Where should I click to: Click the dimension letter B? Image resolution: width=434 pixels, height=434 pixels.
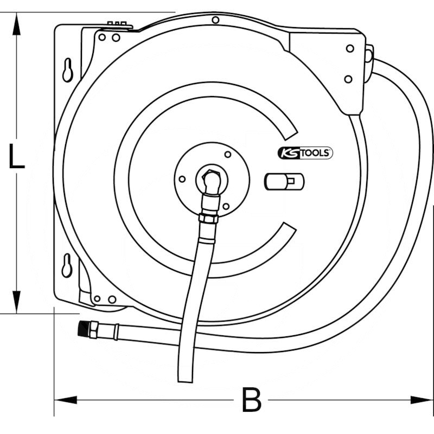(x=251, y=401)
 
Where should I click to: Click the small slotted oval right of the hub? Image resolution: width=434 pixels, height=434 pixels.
(x=284, y=181)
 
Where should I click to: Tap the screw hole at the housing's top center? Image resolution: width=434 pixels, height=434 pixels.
(x=215, y=20)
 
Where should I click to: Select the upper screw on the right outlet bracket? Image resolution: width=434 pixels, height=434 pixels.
(x=349, y=48)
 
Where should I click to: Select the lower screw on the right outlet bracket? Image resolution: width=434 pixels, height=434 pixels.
(x=348, y=79)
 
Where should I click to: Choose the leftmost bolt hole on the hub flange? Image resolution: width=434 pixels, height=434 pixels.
(x=182, y=178)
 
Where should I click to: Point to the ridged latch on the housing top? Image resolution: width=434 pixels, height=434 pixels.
(x=119, y=24)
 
